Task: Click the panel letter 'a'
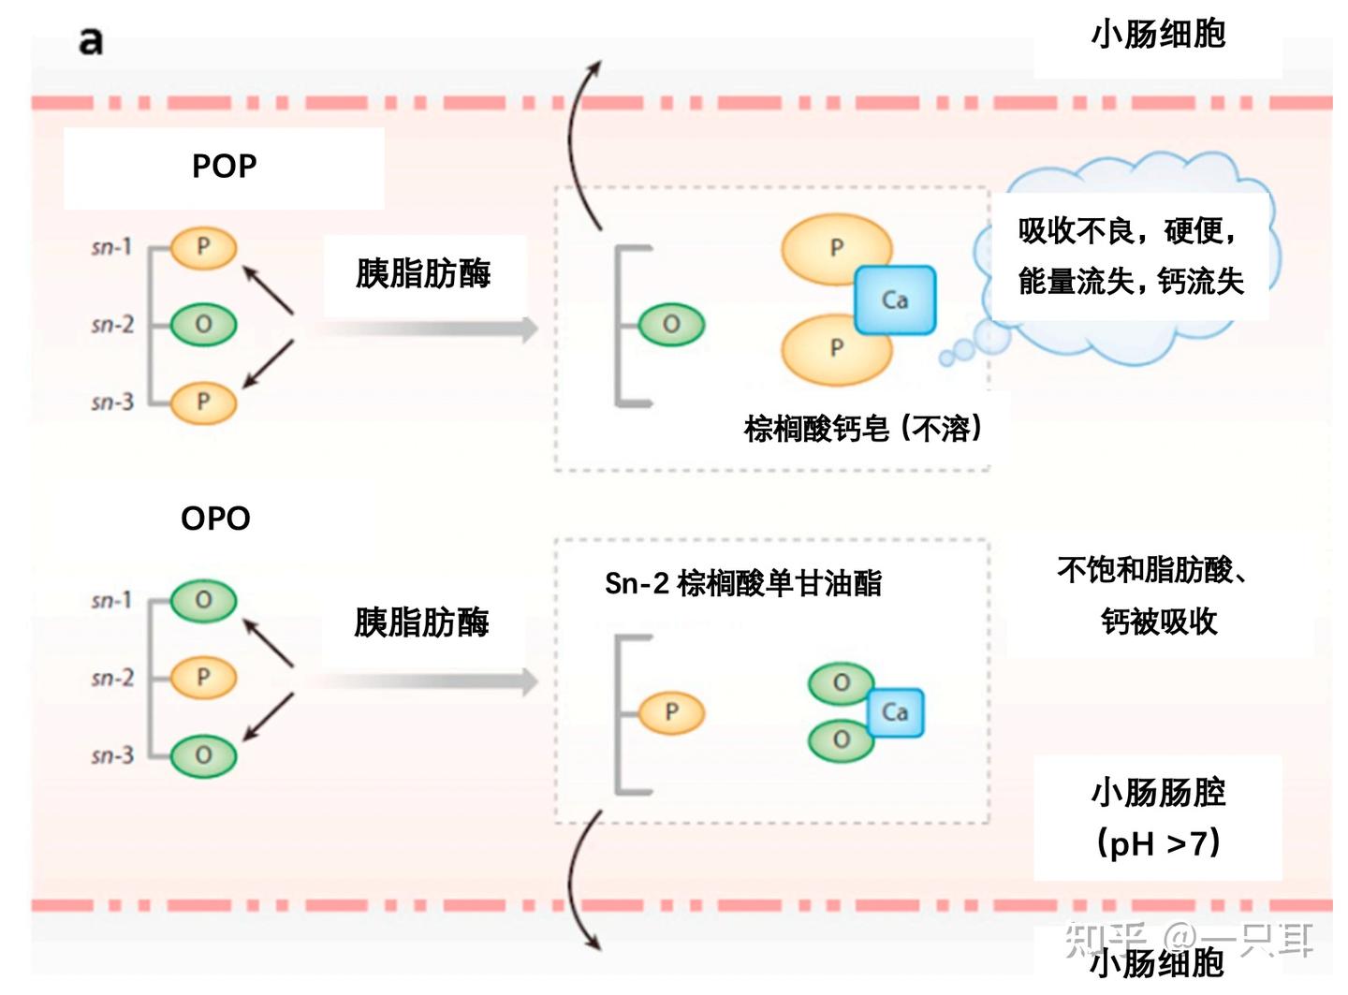pyautogui.click(x=91, y=41)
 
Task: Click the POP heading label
pyautogui.click(x=224, y=167)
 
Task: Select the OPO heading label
pyautogui.click(x=215, y=519)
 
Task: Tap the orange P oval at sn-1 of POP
pyautogui.click(x=203, y=248)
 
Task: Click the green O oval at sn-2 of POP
pyautogui.click(x=203, y=325)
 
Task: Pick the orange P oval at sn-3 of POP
pyautogui.click(x=203, y=402)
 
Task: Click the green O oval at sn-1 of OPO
pyautogui.click(x=203, y=600)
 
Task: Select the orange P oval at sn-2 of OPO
pyautogui.click(x=203, y=678)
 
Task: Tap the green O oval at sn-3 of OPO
pyautogui.click(x=203, y=755)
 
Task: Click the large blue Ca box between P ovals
pyautogui.click(x=894, y=300)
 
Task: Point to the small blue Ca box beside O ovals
pyautogui.click(x=894, y=712)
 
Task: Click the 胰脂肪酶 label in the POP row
pyautogui.click(x=423, y=274)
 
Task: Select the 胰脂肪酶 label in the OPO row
pyautogui.click(x=421, y=622)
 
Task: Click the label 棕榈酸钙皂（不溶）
pyautogui.click(x=863, y=429)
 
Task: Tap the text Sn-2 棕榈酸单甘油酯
pyautogui.click(x=743, y=583)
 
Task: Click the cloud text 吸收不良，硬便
pyautogui.click(x=1128, y=230)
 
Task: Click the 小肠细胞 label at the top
pyautogui.click(x=1158, y=35)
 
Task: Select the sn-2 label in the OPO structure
pyautogui.click(x=112, y=678)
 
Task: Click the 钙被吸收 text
pyautogui.click(x=1159, y=622)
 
